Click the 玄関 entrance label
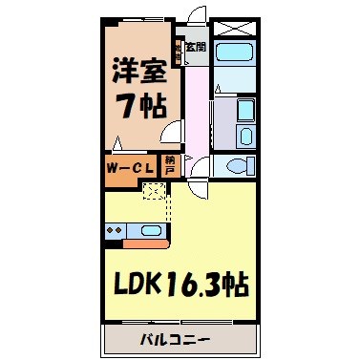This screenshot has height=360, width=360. click(195, 45)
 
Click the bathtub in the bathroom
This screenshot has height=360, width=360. click(234, 55)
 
